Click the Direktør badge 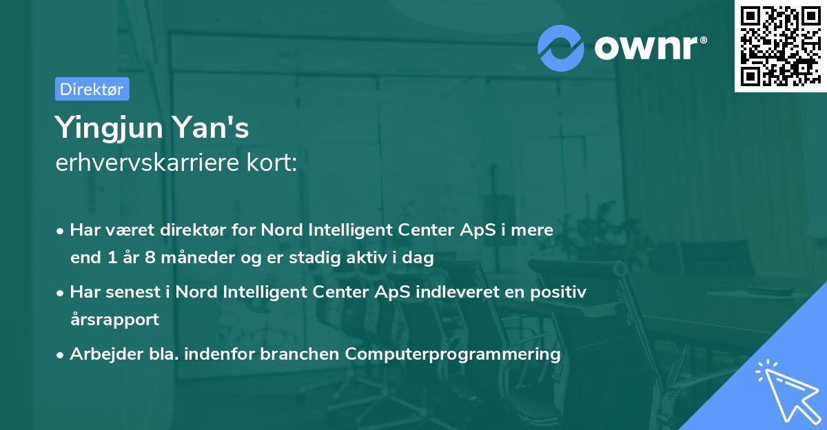pos(92,89)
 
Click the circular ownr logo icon pos(560,47)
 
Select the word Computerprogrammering pos(453,354)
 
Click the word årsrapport pos(114,319)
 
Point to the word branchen pos(306,354)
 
